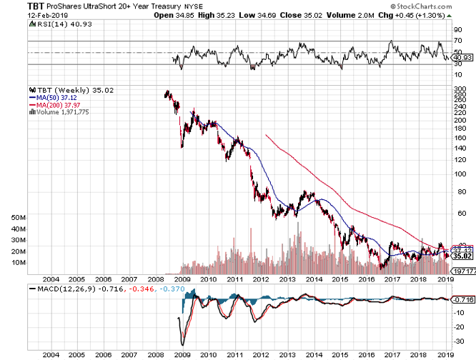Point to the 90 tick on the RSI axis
click(457, 30)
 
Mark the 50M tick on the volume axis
click(19, 217)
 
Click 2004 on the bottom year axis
click(51, 354)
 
